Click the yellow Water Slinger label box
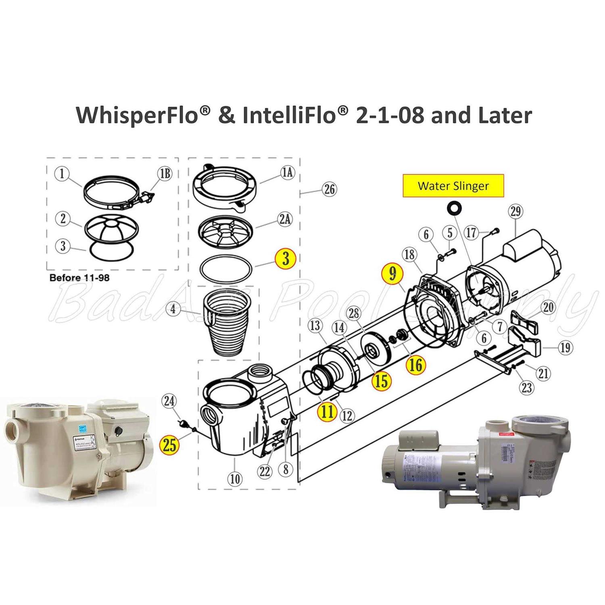pos(453,186)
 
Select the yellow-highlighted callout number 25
pos(170,445)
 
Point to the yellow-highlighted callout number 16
pos(415,365)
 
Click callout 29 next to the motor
pos(516,212)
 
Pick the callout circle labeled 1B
pos(163,173)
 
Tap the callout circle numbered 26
pos(330,189)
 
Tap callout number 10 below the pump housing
pos(235,479)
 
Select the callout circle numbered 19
pos(565,347)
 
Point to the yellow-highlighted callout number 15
pos(381,381)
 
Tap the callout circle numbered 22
pos(265,471)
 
